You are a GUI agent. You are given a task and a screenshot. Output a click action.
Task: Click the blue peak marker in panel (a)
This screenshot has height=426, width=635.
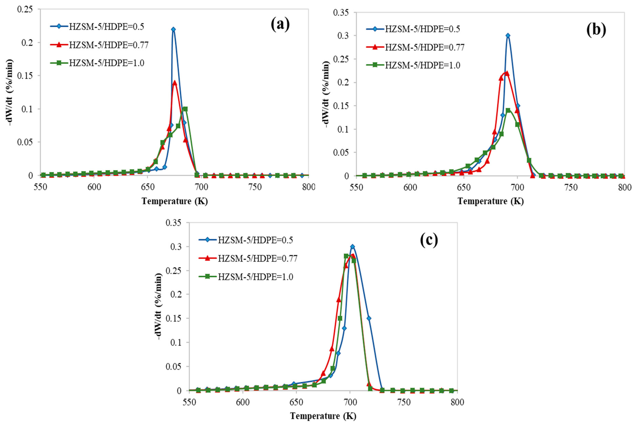coord(173,29)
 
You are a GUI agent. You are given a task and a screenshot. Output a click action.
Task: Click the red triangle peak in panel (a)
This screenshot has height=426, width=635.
coord(175,83)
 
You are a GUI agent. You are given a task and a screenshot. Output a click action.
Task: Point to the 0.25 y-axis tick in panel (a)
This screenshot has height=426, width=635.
coord(25,9)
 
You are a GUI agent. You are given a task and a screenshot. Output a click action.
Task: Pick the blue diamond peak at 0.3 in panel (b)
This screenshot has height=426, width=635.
coord(508,36)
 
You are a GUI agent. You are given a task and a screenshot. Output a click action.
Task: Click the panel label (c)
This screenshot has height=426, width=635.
coord(429,240)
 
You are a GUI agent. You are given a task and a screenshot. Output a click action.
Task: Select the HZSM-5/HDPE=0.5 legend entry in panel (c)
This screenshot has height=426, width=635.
coord(255,240)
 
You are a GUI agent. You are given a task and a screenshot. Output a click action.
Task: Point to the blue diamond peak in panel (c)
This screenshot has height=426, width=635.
coord(352,247)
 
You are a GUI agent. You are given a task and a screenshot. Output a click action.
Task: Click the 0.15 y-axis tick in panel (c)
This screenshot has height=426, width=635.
coord(174,318)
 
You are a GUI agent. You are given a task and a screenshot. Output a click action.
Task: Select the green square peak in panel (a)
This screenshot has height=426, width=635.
coord(185,109)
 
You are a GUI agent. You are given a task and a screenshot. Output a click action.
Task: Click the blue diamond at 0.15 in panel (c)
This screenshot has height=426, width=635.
coord(369,318)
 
